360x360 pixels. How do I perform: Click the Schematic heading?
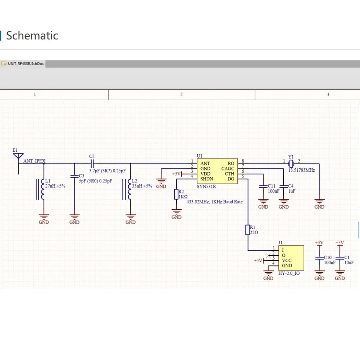click(x=32, y=36)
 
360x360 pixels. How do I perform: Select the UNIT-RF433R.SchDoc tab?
click(x=23, y=64)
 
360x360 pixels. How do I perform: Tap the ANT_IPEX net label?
click(x=35, y=161)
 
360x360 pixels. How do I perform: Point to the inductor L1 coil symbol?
click(x=42, y=189)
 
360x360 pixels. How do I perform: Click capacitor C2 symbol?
click(x=92, y=164)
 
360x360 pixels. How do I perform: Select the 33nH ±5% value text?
click(x=142, y=186)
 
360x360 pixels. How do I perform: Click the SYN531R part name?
click(x=206, y=186)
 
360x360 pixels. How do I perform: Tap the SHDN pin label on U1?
click(x=207, y=179)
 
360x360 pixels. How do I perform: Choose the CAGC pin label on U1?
click(x=228, y=169)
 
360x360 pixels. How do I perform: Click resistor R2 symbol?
click(x=176, y=194)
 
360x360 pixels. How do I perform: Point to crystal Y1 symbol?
click(x=291, y=164)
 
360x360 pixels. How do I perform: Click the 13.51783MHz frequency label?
click(x=301, y=170)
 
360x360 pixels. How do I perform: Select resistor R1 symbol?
click(x=248, y=230)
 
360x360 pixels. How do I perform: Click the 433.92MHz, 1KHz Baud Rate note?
click(x=214, y=202)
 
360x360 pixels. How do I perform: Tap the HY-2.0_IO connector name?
click(x=289, y=273)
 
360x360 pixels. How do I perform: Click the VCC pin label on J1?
click(x=287, y=261)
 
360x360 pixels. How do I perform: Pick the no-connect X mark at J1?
click(x=268, y=256)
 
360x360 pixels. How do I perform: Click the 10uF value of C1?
click(x=349, y=263)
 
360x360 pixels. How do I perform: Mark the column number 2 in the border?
click(x=181, y=94)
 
